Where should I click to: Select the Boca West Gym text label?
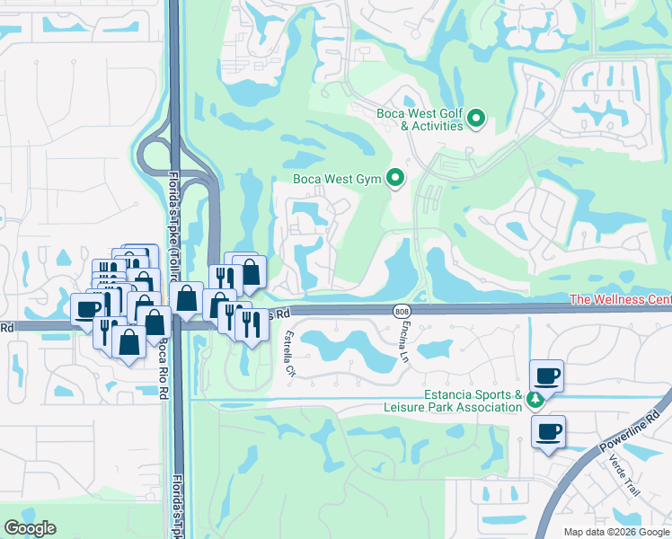(338, 179)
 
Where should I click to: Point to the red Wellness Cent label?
(621, 299)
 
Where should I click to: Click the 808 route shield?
(401, 310)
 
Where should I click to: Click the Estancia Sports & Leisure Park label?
(473, 401)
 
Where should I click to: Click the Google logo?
(31, 527)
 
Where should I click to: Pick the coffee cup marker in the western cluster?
(87, 308)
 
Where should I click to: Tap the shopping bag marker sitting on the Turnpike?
(187, 298)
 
